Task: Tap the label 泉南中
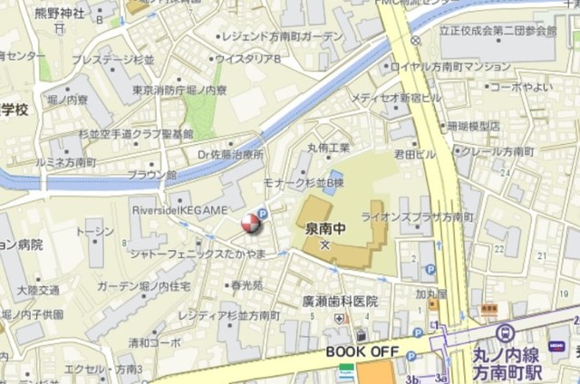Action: point(325,227)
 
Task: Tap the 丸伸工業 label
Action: point(328,148)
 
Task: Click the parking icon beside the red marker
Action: point(263,215)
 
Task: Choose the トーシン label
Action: point(95,232)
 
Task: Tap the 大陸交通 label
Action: point(38,290)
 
